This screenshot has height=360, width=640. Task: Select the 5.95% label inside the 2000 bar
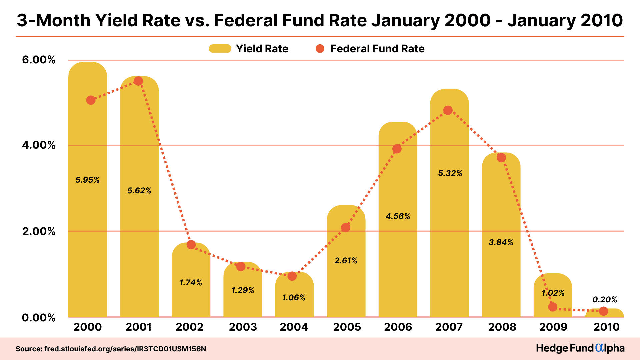coord(87,180)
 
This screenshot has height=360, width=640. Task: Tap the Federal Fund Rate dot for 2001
coord(138,81)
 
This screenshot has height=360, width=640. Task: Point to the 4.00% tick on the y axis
coord(39,145)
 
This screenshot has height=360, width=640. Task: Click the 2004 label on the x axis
coord(294,327)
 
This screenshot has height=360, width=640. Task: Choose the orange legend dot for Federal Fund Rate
coord(320,49)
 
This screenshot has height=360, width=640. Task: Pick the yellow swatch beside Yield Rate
coord(220,49)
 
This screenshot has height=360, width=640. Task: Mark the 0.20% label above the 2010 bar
coord(605,300)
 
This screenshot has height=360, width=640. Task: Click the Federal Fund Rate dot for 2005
coord(346,228)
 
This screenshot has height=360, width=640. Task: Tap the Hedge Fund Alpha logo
coord(580,348)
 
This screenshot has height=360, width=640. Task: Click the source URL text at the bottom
coord(111,349)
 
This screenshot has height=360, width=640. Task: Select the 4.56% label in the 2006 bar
coord(398,216)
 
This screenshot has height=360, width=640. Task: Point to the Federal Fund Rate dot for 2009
coord(553,307)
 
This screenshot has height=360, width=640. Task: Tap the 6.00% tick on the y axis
coord(39,60)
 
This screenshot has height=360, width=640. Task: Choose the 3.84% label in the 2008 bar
coord(501,242)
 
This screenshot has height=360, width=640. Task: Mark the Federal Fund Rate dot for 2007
coord(448,110)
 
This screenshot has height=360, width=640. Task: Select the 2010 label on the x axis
coord(606,327)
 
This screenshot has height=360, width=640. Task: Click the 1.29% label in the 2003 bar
coord(243,290)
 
